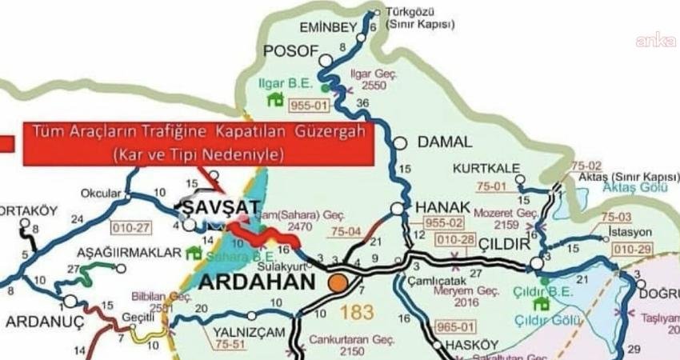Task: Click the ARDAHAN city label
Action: point(259,282)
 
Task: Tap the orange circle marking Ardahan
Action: point(339,282)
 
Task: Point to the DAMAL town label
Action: point(445,142)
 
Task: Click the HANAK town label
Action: point(438,207)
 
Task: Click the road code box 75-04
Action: point(346,232)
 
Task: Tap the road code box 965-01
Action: point(452,326)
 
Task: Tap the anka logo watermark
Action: point(654,39)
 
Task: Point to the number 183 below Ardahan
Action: point(357,311)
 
